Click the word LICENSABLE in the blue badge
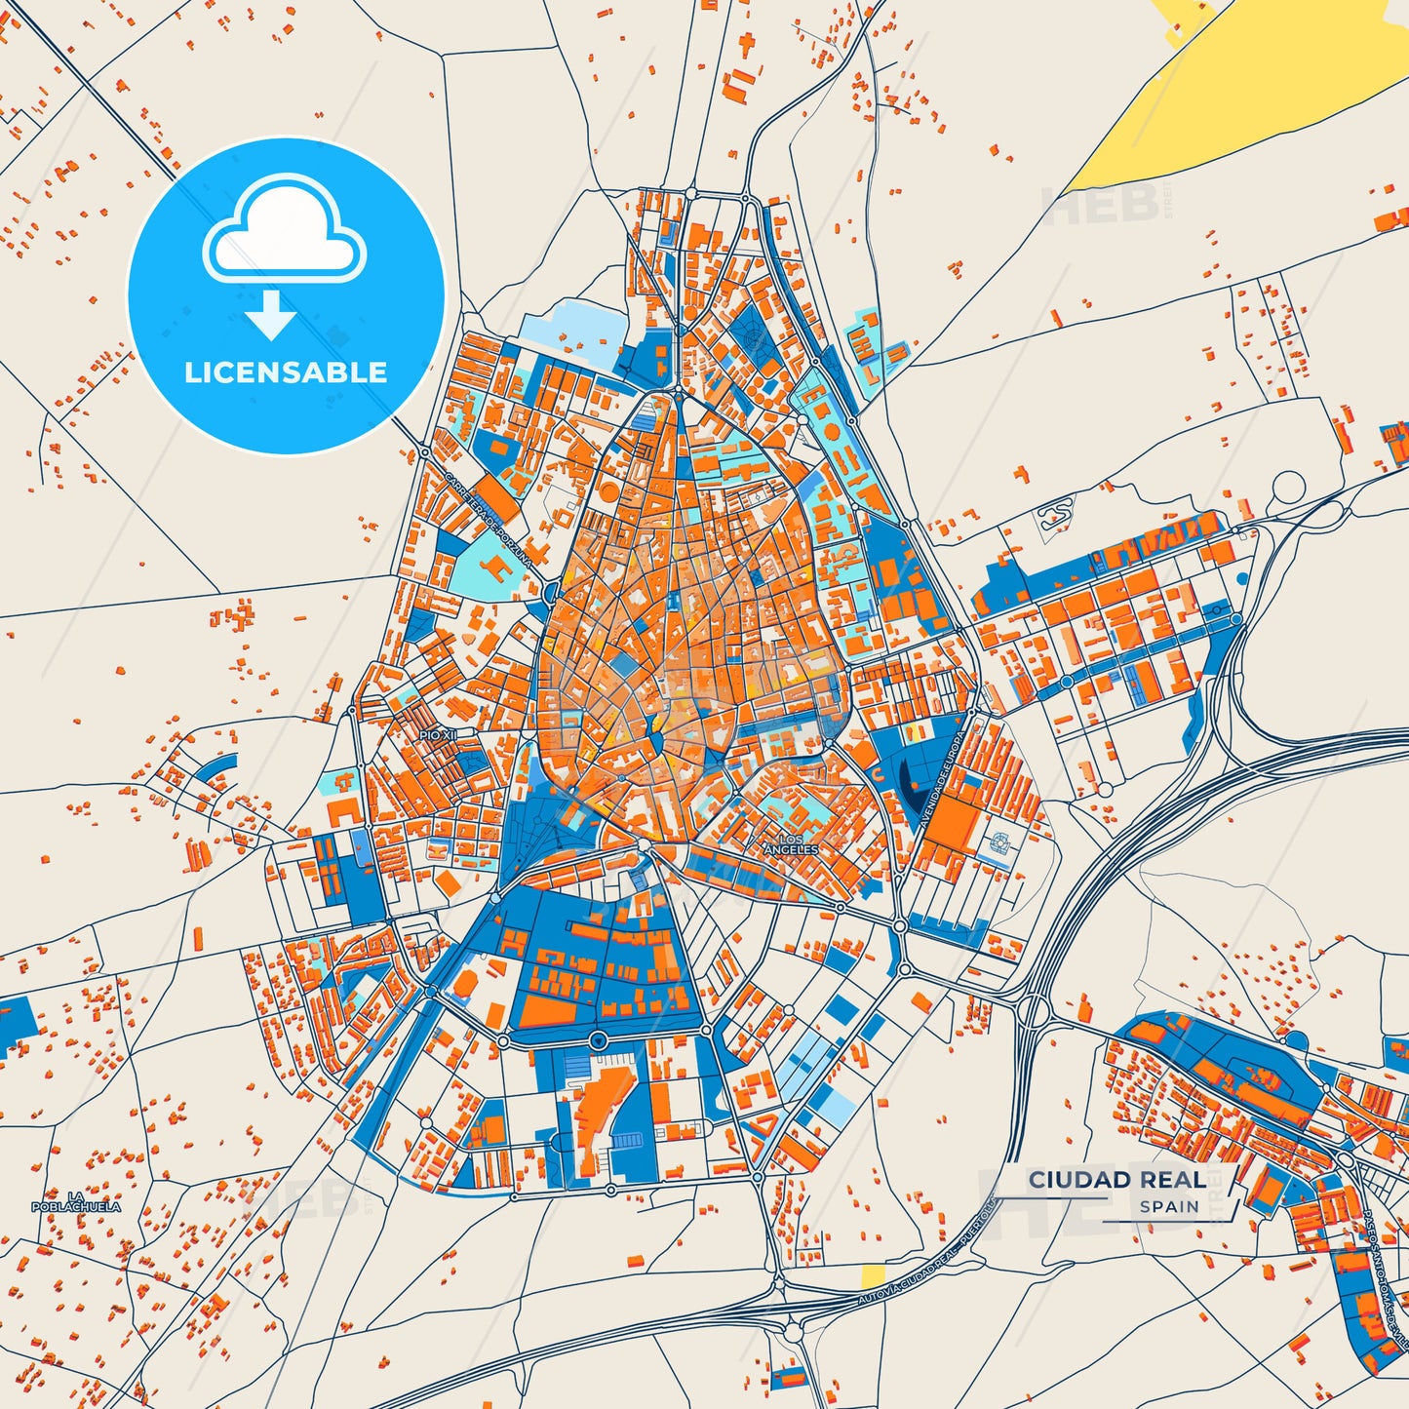(x=286, y=372)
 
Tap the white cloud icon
(x=284, y=231)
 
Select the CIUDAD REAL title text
(x=1117, y=1180)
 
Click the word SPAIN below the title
(x=1169, y=1206)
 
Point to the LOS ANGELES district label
(x=791, y=844)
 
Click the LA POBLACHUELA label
(x=76, y=1201)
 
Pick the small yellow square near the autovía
(x=873, y=1275)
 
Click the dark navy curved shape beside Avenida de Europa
(x=909, y=783)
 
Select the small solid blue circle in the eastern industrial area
(x=1241, y=578)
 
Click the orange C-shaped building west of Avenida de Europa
(x=878, y=775)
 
